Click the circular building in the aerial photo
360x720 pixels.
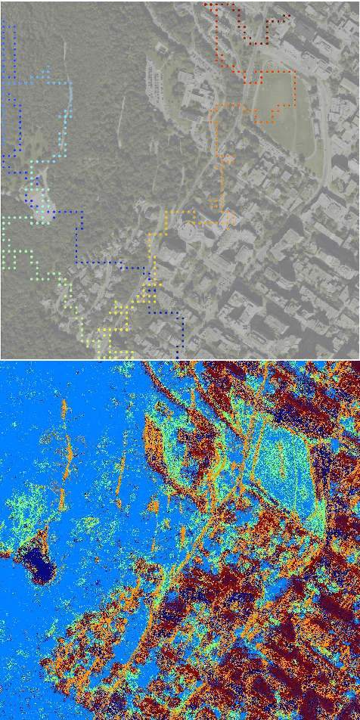click(x=188, y=241)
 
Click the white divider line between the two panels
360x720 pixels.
click(x=180, y=359)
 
